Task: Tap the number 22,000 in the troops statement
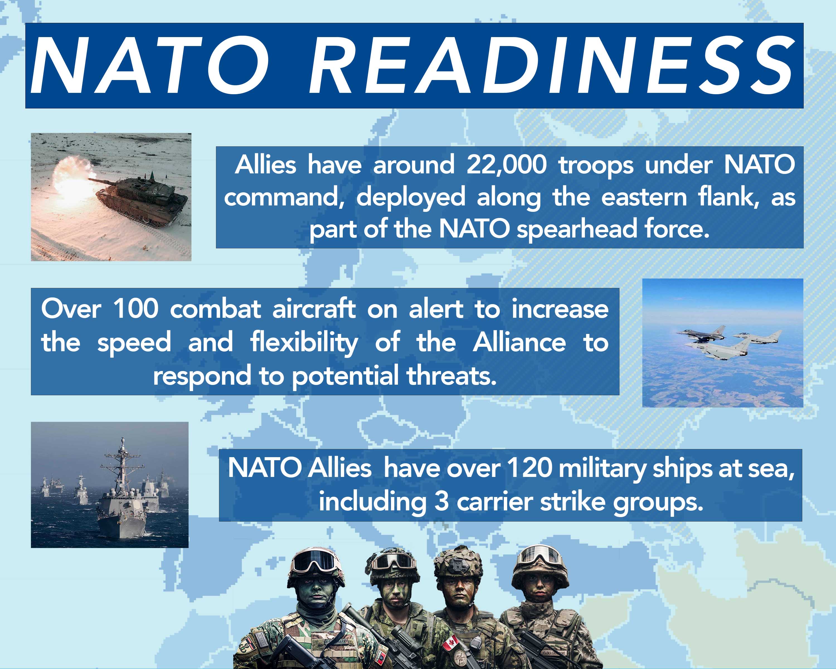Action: pos(506,165)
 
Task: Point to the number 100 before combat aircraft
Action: pos(135,309)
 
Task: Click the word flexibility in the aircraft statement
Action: pos(304,343)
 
